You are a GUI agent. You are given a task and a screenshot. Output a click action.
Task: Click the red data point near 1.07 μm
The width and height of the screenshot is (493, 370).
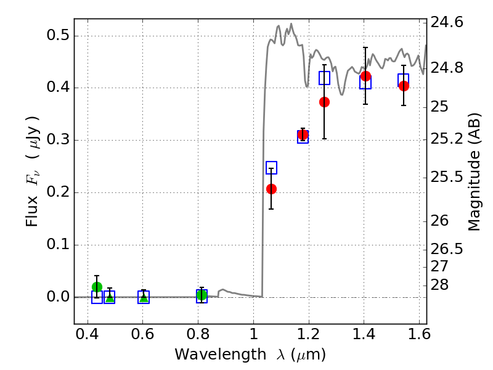[x=271, y=189]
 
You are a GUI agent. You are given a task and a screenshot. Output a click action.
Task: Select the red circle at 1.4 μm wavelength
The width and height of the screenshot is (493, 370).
[x=365, y=76]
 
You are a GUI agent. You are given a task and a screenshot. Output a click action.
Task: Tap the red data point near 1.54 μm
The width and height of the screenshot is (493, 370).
[x=404, y=86]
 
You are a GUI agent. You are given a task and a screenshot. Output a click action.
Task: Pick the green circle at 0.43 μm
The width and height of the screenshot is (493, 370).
[x=97, y=287]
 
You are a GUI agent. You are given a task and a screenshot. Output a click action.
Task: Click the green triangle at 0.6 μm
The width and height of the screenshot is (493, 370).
[x=144, y=297]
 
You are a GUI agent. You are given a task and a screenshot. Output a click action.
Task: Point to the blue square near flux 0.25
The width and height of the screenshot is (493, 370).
[x=271, y=168]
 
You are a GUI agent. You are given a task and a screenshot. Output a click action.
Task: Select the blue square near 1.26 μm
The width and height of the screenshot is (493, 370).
[x=324, y=78]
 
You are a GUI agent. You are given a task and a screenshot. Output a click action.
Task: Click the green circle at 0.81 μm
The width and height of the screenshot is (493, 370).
[x=202, y=295]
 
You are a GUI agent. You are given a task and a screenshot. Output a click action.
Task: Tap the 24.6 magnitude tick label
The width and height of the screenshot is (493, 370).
[x=447, y=23]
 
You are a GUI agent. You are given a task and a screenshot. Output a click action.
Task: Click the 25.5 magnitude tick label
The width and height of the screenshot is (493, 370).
[x=447, y=178]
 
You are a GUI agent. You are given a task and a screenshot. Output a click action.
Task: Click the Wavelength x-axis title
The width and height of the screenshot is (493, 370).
[x=250, y=355]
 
